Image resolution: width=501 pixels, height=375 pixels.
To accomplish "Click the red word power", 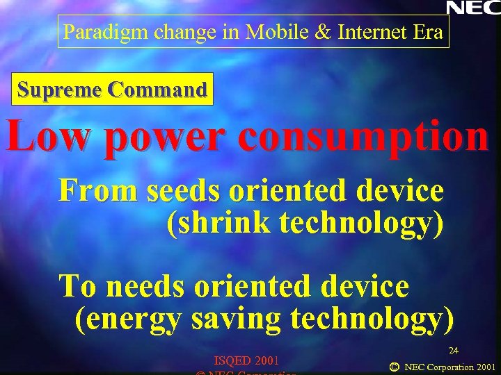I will coord(161,137).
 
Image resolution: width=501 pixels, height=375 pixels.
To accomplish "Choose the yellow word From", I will coord(98,190).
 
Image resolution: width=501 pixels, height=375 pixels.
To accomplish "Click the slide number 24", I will coord(453,350).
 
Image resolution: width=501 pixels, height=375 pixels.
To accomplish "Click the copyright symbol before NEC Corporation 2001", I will coord(395,366).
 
